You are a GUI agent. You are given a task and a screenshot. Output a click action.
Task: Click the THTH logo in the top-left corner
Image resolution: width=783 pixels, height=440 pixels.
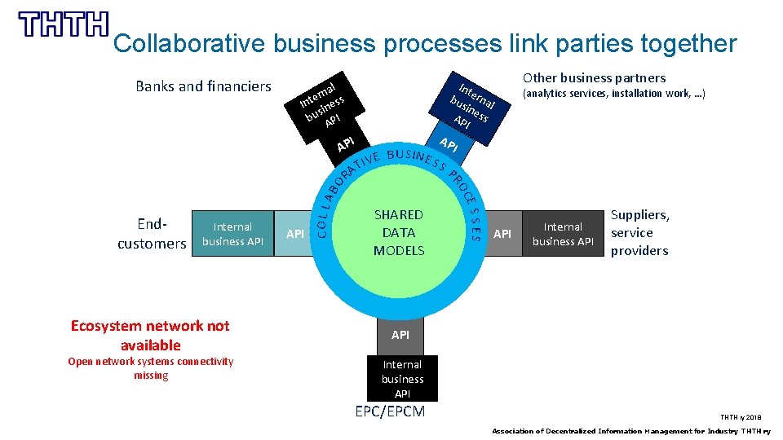[x=64, y=24]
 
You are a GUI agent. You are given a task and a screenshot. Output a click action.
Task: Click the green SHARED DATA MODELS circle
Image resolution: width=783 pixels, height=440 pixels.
[x=399, y=233]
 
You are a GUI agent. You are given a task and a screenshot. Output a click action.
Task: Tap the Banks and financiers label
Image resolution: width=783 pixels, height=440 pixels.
[x=203, y=86]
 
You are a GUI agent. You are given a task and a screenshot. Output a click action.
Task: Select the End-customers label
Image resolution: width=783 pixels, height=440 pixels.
[x=152, y=233]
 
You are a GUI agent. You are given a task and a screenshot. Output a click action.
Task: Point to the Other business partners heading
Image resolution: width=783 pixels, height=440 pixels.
[x=594, y=78]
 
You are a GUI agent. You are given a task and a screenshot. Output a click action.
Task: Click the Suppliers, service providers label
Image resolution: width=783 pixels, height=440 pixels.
[x=640, y=233]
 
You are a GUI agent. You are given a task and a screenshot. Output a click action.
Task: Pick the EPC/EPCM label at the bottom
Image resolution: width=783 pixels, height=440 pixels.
[x=390, y=411]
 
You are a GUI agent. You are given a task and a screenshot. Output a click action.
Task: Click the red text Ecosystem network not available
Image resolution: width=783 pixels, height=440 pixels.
[x=150, y=335]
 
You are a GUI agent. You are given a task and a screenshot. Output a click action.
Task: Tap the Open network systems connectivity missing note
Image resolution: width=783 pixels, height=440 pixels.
[x=150, y=368]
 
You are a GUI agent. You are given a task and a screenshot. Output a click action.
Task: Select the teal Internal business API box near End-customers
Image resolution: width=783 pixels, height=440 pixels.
[x=232, y=234]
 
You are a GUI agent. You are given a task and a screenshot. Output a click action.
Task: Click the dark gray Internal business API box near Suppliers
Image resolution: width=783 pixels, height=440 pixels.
[x=563, y=234]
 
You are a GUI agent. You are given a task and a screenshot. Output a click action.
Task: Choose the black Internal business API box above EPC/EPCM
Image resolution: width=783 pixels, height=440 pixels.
[x=402, y=379]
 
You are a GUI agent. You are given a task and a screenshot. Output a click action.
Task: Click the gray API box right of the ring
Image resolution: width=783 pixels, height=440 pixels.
[x=504, y=234]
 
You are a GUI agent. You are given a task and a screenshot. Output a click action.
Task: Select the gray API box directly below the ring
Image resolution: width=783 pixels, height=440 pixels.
[x=400, y=335]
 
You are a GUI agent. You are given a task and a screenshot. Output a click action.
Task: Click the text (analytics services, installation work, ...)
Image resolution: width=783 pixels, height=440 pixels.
[x=613, y=95]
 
